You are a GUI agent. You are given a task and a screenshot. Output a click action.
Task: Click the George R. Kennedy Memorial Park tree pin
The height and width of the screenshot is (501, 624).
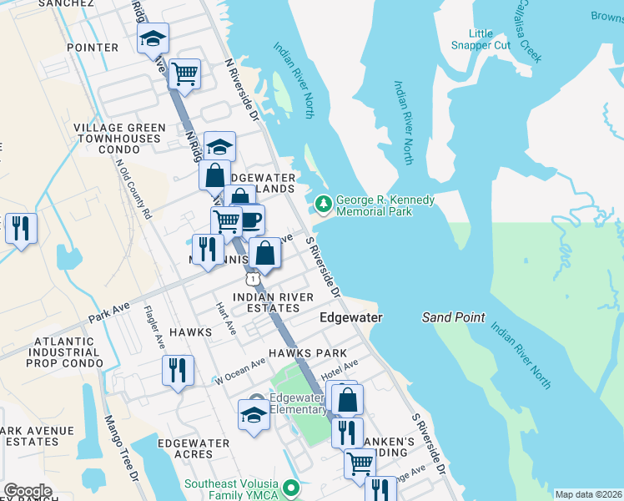click(x=323, y=203)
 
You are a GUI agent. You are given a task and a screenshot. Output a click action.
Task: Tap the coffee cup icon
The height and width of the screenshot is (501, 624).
click(x=249, y=220)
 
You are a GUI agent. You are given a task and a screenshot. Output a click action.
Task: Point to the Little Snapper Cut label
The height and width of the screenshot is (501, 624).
click(x=481, y=39)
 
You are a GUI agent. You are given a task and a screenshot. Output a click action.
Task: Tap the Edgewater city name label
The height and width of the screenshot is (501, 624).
click(x=351, y=318)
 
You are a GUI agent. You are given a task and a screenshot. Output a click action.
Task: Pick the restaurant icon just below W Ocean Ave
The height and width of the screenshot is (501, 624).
click(x=178, y=370)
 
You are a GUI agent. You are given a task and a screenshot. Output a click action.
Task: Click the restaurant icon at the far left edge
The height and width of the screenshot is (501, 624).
click(x=20, y=228)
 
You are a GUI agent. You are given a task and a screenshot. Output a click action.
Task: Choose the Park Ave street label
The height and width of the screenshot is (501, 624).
click(x=109, y=313)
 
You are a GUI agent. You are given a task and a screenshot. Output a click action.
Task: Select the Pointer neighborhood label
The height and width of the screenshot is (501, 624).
click(x=92, y=48)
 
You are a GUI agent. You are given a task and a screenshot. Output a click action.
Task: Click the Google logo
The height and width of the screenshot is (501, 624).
click(x=28, y=491)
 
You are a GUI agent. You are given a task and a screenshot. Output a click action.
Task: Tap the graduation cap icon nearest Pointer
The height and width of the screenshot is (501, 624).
click(x=153, y=38)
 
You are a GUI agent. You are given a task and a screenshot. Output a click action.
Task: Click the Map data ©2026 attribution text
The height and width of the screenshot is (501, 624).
click(x=587, y=494)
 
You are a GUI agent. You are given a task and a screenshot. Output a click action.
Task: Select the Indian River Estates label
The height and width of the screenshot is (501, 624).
click(x=273, y=302)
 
